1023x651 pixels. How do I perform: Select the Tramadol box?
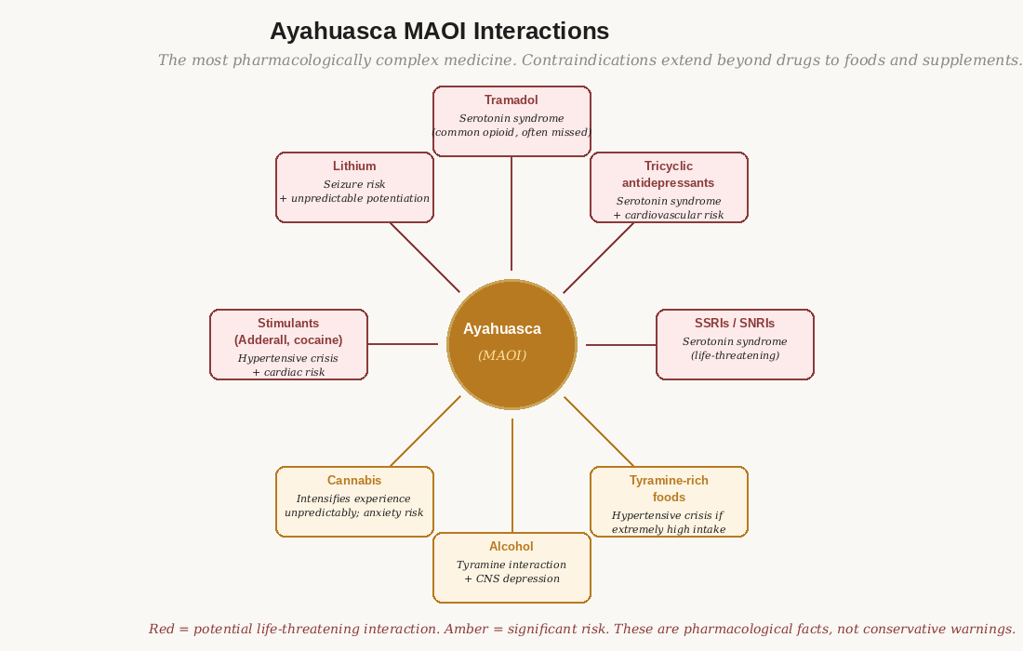[511, 121]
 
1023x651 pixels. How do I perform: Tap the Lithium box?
[354, 187]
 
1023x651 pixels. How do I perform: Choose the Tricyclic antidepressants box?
[669, 187]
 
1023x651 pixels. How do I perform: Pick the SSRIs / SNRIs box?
[735, 344]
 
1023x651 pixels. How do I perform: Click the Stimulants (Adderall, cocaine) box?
[288, 344]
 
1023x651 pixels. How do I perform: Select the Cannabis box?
[354, 501]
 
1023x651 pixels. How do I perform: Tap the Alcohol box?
[511, 567]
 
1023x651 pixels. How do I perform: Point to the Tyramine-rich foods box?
[669, 501]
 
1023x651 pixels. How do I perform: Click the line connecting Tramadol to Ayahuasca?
[511, 214]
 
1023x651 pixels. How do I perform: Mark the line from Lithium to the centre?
[425, 258]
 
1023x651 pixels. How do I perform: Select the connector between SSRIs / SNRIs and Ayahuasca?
[621, 345]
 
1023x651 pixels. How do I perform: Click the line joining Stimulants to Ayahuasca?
[403, 344]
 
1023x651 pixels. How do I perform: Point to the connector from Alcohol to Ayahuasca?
[511, 475]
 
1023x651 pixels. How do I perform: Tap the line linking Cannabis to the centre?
[425, 432]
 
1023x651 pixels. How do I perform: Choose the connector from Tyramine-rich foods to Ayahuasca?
[599, 432]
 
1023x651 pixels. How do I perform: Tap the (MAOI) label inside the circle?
[502, 355]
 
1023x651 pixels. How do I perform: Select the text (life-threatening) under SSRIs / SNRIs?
[735, 355]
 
